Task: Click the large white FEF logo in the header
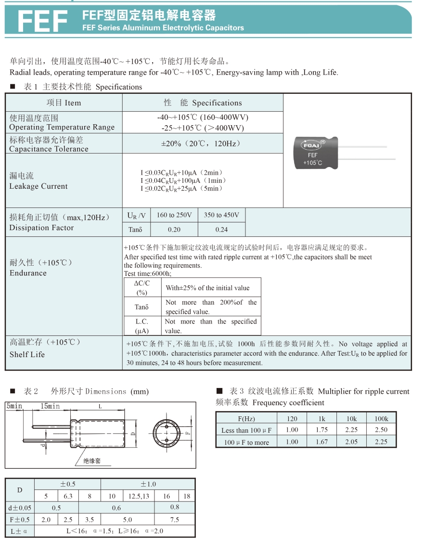42,21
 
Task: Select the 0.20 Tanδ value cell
174,230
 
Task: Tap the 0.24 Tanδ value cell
221,230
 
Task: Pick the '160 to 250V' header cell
174,215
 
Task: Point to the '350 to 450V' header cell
221,215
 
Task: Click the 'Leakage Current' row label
39,186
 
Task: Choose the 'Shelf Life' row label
27,354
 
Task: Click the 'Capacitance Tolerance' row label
49,149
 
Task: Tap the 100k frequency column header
381,419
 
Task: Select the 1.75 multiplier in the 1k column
321,430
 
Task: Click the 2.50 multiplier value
381,430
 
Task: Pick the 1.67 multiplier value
321,442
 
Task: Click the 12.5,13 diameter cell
139,496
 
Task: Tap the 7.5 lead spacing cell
174,520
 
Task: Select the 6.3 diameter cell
68,496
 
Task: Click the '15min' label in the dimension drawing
51,406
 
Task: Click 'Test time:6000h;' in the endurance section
147,273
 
